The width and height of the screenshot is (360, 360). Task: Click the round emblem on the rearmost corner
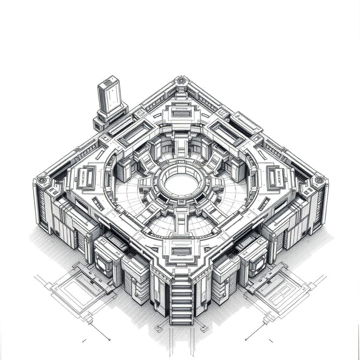point(181,81)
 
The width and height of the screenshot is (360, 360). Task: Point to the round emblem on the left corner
point(42,180)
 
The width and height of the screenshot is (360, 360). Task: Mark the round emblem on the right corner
point(319,180)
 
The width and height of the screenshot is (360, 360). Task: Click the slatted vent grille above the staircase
point(181,251)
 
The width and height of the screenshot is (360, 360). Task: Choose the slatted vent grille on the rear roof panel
point(181,114)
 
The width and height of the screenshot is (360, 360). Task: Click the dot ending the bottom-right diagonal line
point(246,339)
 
